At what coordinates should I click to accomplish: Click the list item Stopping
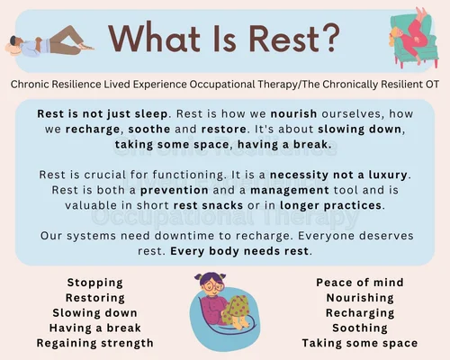95,283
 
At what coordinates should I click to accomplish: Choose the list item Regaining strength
95,343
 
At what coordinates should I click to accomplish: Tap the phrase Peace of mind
360,283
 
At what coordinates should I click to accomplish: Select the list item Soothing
360,328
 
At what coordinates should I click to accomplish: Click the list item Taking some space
360,343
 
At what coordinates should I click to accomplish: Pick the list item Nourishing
360,298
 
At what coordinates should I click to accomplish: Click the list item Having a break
95,328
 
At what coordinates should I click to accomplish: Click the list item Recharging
360,312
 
